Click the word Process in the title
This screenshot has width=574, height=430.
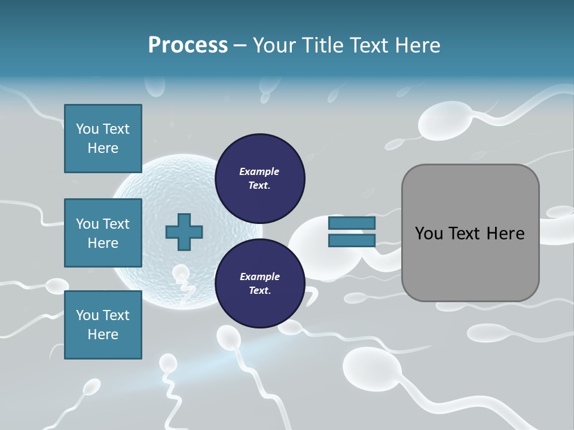[x=188, y=45]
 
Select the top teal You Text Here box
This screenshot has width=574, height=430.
[x=103, y=139]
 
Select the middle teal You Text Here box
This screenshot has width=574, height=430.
[x=103, y=233]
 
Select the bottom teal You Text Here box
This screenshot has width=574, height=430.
[x=103, y=324]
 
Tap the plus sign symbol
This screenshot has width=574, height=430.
[x=184, y=232]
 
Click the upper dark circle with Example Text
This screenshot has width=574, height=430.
[x=259, y=178]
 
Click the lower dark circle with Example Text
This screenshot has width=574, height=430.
[x=259, y=283]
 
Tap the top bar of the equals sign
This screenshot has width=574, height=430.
[x=352, y=223]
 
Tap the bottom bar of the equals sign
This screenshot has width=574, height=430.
[x=352, y=241]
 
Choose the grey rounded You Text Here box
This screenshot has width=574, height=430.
[x=470, y=233]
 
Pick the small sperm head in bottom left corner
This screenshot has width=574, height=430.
[x=91, y=389]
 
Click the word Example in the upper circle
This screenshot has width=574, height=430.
[x=259, y=171]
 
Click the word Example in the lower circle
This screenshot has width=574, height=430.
[x=259, y=277]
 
